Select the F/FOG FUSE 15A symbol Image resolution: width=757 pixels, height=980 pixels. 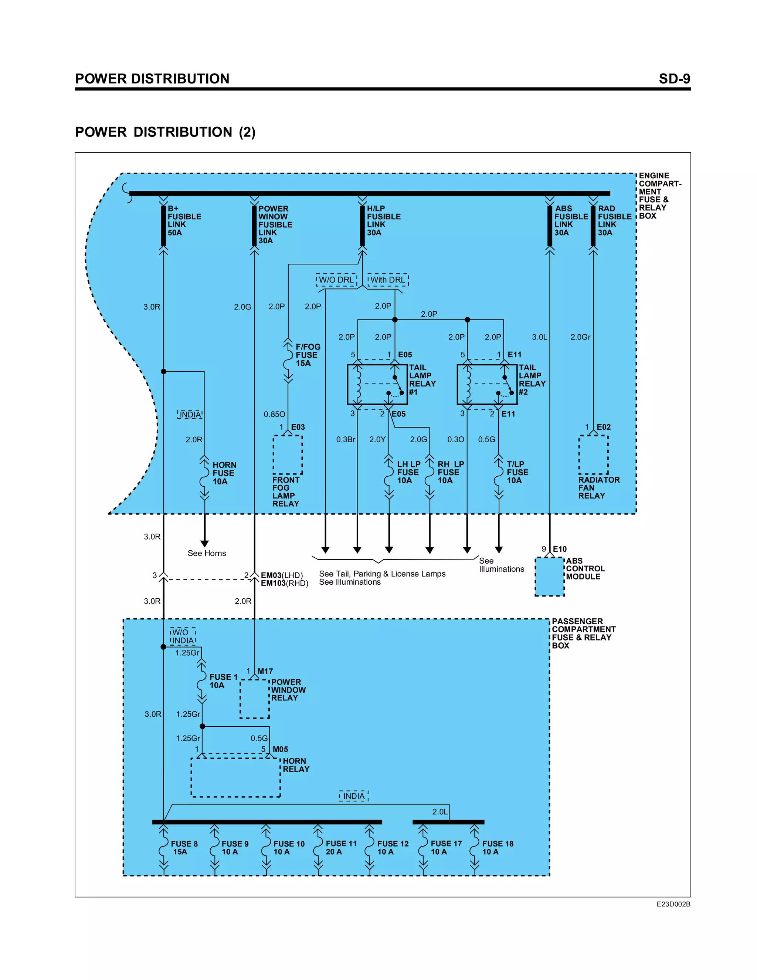tap(288, 362)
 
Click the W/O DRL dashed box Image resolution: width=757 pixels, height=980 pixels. tap(336, 280)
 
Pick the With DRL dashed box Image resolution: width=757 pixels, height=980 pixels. tap(387, 280)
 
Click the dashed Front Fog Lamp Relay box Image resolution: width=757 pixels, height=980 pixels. tap(288, 454)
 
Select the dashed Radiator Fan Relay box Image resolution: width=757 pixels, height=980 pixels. tap(593, 454)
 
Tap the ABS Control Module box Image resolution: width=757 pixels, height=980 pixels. tap(549, 577)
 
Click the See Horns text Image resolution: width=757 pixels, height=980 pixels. tap(207, 553)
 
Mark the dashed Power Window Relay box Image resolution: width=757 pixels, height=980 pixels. tap(254, 699)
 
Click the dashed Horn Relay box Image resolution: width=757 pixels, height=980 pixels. tap(235, 777)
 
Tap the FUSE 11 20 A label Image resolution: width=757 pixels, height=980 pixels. tap(341, 848)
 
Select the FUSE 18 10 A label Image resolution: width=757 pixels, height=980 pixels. tap(498, 848)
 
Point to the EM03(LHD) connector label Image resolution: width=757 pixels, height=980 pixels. tap(282, 575)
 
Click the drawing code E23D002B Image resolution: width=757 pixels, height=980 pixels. tap(673, 904)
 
